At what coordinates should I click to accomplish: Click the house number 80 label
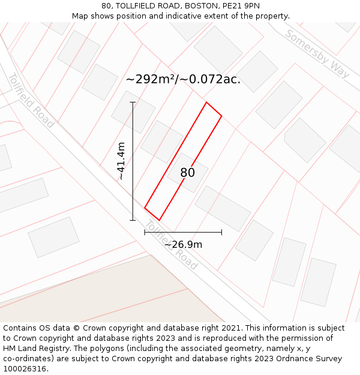[x=188, y=173]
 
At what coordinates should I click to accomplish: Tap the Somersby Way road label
[x=317, y=53]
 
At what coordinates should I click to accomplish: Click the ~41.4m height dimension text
[x=121, y=161]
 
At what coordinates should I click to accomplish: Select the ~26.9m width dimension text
[x=183, y=244]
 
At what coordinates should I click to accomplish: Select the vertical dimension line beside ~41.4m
[x=133, y=161]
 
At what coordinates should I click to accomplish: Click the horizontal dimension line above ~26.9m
[x=183, y=232]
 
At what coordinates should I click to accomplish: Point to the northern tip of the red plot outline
[x=206, y=103]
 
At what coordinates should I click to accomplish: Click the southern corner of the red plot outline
[x=159, y=220]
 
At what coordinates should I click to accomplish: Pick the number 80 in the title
[x=106, y=6]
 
